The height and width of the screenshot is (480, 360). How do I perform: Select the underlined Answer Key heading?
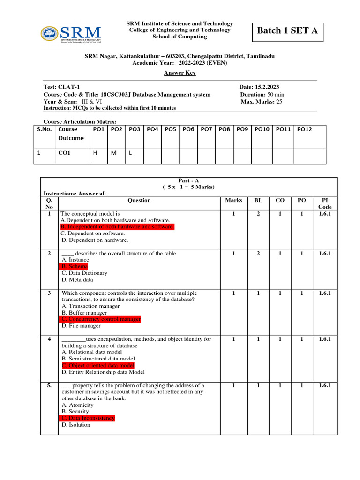point(180,73)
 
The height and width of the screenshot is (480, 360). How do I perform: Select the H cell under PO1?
point(95,152)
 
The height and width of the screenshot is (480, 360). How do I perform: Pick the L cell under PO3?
point(131,152)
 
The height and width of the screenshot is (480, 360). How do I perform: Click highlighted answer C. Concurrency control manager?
point(100,319)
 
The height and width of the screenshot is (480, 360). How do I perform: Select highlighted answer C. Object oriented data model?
point(97,365)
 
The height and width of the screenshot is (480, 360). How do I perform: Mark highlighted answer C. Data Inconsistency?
point(88,418)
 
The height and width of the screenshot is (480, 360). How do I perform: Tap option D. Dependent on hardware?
point(95,240)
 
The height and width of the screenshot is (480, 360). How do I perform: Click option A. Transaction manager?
point(90,306)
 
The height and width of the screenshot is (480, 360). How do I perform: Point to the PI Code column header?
point(325,203)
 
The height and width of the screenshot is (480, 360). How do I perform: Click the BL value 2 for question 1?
point(258,213)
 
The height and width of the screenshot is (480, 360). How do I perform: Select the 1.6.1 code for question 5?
point(325,385)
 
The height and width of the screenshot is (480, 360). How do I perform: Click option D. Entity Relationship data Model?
point(103,372)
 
